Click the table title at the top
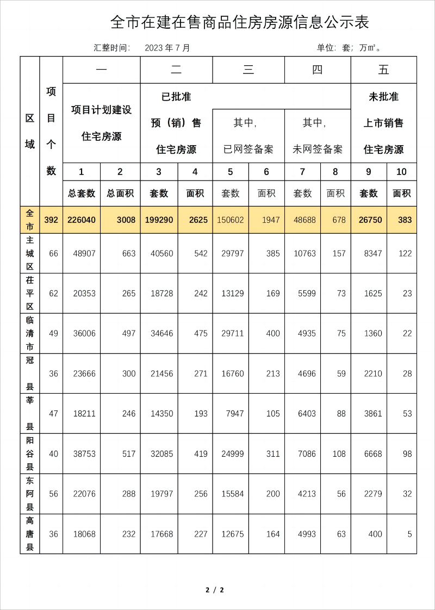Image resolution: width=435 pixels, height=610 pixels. [240, 22]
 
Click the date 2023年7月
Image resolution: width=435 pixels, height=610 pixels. [167, 48]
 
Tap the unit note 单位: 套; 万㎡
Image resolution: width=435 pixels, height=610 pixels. [349, 48]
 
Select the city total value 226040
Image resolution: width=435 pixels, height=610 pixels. [82, 220]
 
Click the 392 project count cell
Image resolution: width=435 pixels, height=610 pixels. [51, 220]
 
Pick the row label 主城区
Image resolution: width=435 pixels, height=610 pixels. [30, 253]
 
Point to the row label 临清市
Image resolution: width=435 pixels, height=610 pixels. [30, 333]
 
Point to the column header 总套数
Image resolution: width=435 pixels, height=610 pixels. [82, 193]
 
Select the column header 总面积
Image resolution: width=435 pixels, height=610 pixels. [120, 193]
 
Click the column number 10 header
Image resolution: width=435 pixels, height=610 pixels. [401, 172]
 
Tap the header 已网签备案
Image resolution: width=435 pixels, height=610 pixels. [248, 149]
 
